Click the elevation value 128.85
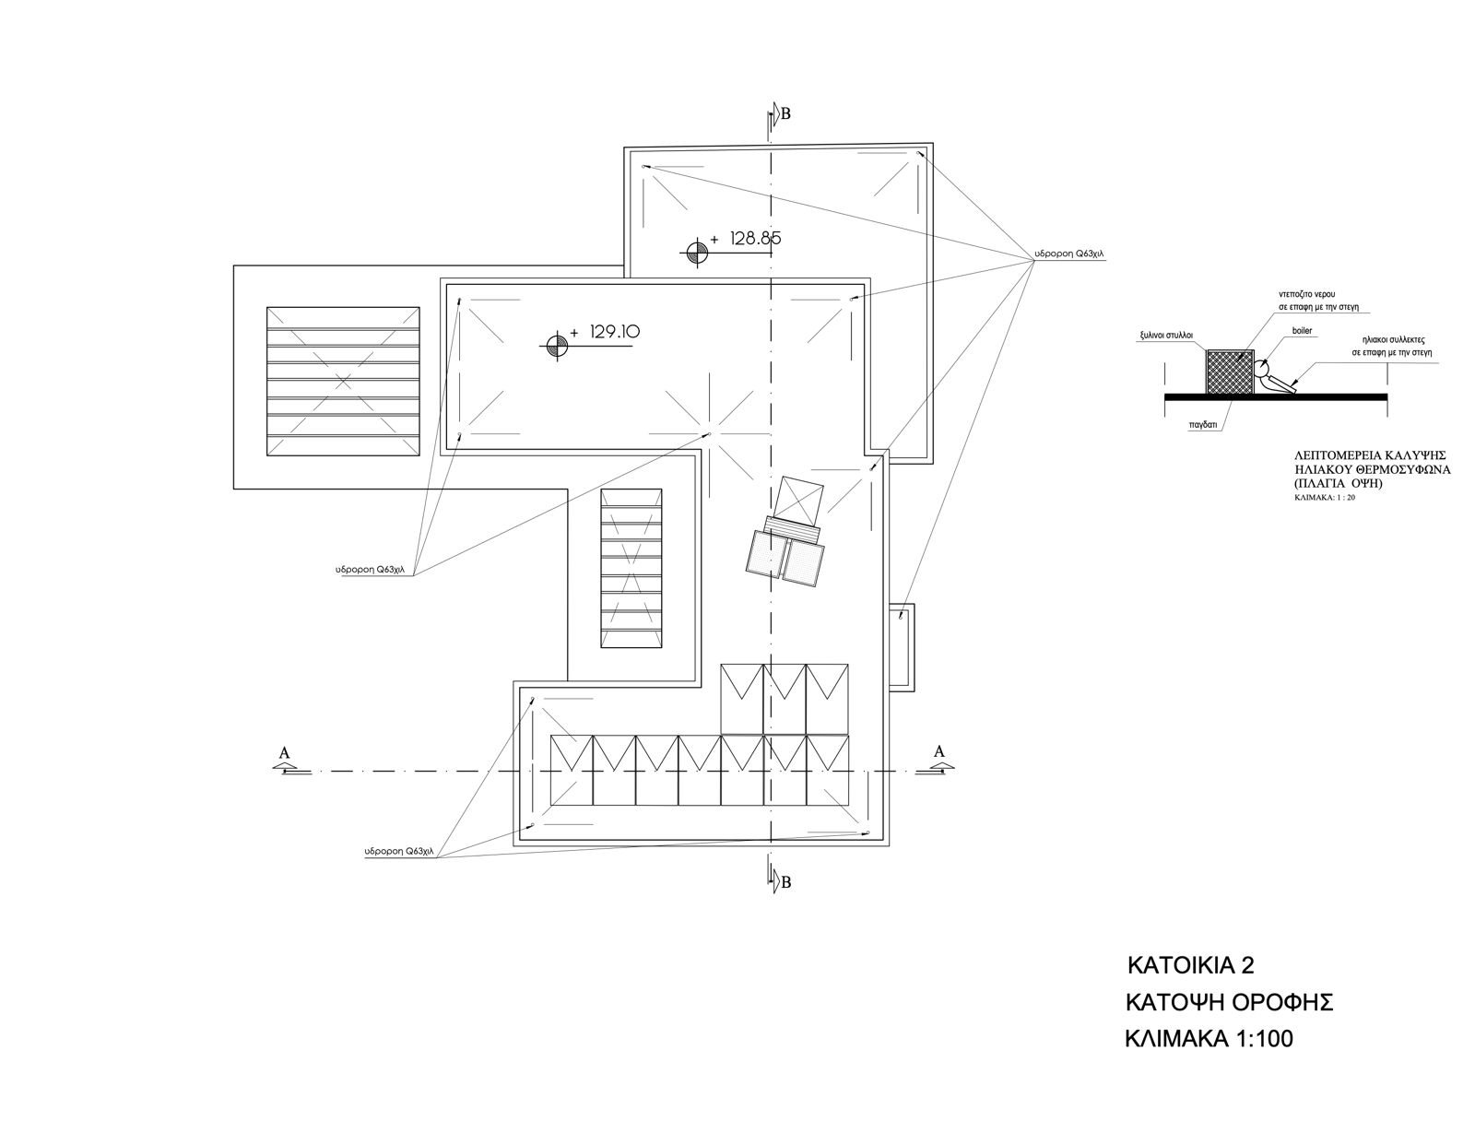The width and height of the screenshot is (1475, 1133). [x=756, y=238]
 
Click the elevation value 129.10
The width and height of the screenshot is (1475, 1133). [x=614, y=331]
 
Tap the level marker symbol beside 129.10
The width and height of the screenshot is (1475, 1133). [x=557, y=346]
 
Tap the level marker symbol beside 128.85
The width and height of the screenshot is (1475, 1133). [x=696, y=253]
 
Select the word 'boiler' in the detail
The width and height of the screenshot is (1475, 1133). [x=1302, y=331]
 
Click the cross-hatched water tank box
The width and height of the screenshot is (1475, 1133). [x=1230, y=372]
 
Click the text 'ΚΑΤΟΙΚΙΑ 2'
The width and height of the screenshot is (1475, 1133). [x=1190, y=965]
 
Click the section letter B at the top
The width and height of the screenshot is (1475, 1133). [x=786, y=114]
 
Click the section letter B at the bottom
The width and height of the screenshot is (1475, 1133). [x=786, y=882]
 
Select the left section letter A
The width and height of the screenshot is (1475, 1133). [x=285, y=752]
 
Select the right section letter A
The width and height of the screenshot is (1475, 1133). [x=938, y=750]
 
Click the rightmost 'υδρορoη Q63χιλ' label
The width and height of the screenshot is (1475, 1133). [x=1069, y=254]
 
